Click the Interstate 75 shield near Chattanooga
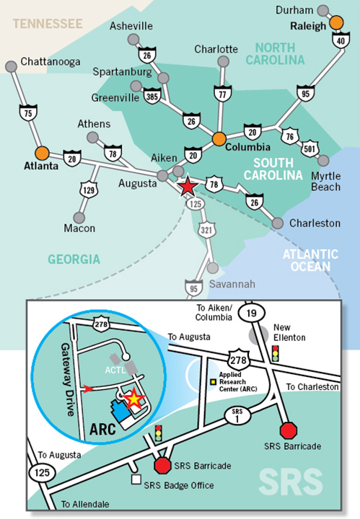[27, 112]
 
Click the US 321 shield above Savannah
[206, 229]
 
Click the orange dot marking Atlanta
[43, 153]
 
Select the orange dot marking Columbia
[219, 137]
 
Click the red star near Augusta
[187, 185]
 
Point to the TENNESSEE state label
[47, 24]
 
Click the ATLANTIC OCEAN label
[310, 259]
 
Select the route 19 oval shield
[250, 312]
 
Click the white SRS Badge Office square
[135, 478]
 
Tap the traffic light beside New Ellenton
[275, 353]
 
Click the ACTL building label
[116, 370]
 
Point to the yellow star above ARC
[133, 397]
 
